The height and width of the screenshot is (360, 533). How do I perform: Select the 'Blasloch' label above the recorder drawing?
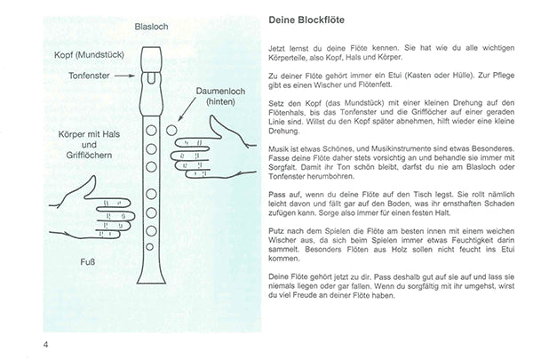[x=154, y=28]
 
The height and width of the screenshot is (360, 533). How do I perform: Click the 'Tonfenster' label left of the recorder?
[x=91, y=76]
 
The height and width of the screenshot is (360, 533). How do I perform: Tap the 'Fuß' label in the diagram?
[x=88, y=260]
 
